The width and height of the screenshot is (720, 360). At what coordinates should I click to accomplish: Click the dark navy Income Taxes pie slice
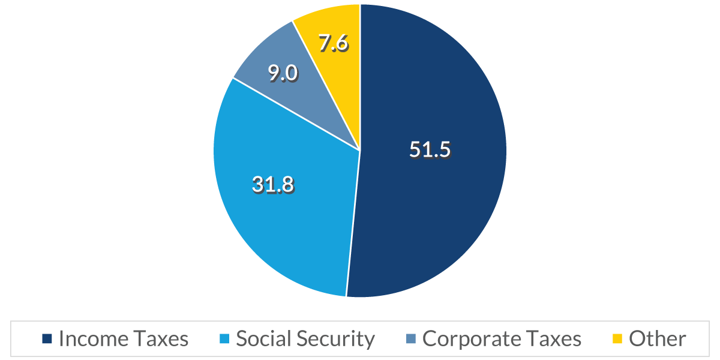point(432,198)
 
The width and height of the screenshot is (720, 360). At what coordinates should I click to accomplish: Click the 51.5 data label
point(430,149)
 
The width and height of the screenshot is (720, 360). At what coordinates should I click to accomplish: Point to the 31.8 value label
point(273,185)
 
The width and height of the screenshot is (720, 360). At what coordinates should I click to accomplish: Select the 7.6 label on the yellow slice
point(334,44)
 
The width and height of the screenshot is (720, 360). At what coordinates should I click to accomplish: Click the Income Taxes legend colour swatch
point(47,339)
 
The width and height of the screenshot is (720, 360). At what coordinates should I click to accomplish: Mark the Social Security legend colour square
point(224,339)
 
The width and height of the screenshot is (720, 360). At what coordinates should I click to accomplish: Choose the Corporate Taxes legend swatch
point(410,339)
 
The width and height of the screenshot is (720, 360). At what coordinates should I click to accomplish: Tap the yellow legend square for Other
point(617,339)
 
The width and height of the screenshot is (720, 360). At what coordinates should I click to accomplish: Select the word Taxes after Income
point(159,339)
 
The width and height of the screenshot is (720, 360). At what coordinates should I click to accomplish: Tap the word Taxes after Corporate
point(553,339)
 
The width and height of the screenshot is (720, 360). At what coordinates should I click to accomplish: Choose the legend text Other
point(657,339)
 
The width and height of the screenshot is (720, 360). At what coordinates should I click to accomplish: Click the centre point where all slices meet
point(360,150)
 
